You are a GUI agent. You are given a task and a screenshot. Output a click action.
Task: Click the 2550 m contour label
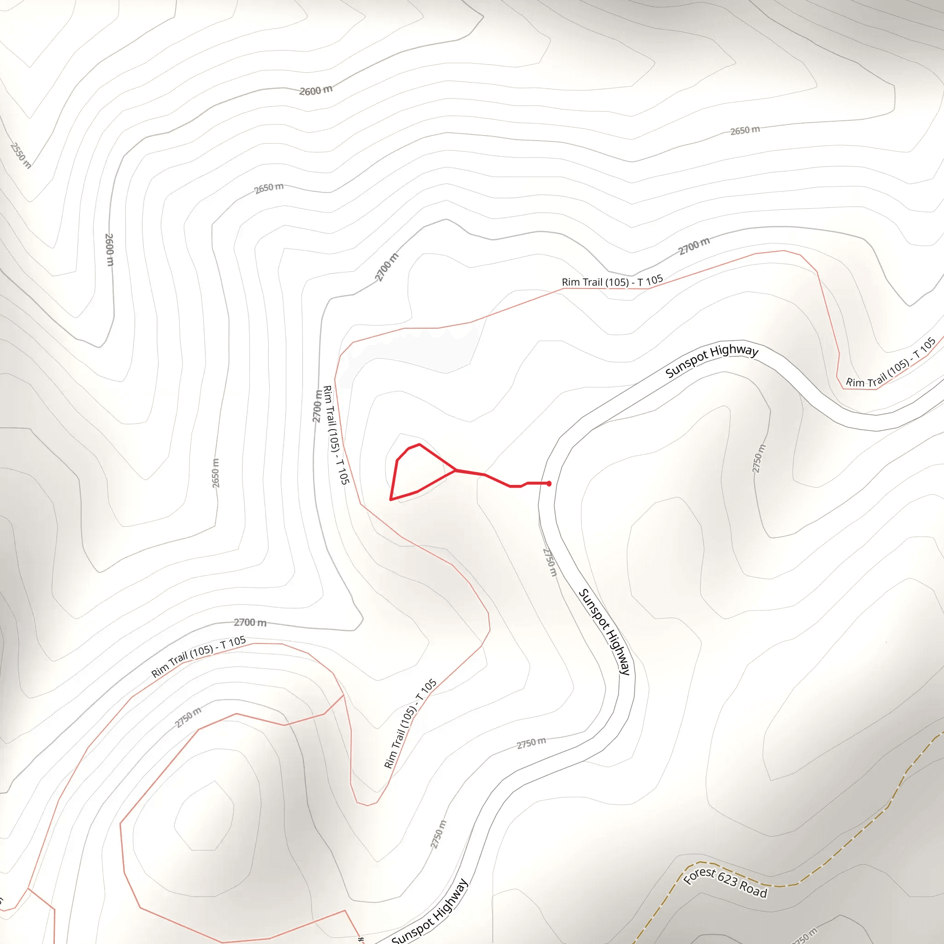[x=21, y=155]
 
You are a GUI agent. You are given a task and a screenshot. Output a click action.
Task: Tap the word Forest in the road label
[x=699, y=875]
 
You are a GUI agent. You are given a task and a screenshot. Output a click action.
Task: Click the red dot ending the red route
[x=549, y=484]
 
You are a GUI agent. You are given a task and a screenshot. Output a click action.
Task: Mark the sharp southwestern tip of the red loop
[x=391, y=499]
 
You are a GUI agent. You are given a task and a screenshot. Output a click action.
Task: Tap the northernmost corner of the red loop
[x=419, y=445]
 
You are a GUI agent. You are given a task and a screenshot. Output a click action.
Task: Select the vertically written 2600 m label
[x=109, y=250]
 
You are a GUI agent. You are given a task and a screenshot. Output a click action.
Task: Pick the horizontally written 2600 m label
[x=316, y=90]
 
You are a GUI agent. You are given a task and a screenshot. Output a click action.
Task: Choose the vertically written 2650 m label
[x=215, y=473]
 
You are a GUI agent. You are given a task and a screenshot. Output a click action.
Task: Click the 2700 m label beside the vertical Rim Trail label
[x=318, y=406]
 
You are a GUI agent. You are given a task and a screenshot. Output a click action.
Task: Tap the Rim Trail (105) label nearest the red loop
[x=336, y=435]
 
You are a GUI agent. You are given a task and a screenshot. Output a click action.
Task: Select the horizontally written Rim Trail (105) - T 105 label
[x=612, y=282]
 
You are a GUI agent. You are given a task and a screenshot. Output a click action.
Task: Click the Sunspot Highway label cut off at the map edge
[x=430, y=913]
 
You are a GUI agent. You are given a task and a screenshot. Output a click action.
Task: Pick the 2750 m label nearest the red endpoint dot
[x=550, y=562]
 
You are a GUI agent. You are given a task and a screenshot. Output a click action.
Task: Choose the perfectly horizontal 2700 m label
[x=250, y=622]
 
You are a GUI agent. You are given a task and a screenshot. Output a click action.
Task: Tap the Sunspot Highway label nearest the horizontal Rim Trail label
[x=711, y=360]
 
